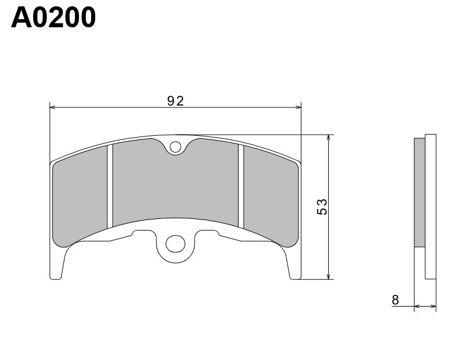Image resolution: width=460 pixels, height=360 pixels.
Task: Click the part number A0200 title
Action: coord(53,17)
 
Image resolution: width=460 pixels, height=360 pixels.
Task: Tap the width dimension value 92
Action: coord(175,101)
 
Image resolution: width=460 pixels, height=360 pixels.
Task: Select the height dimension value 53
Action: coord(323,207)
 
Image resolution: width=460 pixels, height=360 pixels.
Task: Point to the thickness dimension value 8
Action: coord(396,300)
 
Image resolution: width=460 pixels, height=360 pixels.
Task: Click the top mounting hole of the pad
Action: coord(175,148)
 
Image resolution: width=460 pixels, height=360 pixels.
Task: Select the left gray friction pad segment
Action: coord(80,197)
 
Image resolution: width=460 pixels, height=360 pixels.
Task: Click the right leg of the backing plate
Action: coord(294,264)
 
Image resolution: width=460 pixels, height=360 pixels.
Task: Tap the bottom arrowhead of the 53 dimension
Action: coord(329,276)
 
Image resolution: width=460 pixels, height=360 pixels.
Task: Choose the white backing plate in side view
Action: coord(430,207)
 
